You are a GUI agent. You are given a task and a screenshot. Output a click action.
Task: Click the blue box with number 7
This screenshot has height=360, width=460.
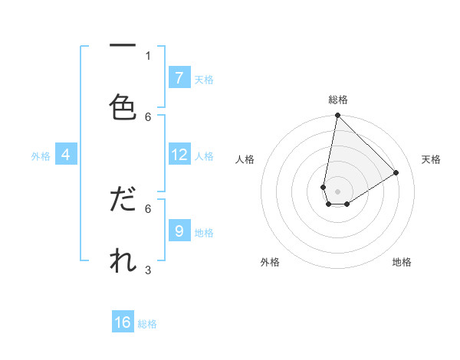[x=179, y=77]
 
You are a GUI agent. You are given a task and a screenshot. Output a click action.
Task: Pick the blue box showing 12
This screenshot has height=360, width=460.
[x=179, y=155]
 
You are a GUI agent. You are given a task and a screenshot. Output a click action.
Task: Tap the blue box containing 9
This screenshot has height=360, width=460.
[x=179, y=231]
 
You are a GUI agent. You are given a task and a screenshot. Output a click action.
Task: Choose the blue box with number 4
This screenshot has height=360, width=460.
[x=66, y=155]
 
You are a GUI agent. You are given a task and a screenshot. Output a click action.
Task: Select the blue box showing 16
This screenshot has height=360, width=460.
[x=123, y=322]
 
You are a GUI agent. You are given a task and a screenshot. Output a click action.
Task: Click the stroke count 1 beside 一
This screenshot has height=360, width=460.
[x=148, y=55]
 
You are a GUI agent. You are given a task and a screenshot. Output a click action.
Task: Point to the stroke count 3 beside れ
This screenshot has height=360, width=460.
[x=148, y=270]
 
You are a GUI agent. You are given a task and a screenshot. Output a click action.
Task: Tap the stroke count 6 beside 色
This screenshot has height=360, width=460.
[x=148, y=116]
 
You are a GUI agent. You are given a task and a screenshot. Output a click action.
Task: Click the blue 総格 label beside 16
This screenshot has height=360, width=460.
[x=147, y=324]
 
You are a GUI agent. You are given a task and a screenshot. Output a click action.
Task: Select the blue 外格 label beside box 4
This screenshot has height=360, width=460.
[x=41, y=156]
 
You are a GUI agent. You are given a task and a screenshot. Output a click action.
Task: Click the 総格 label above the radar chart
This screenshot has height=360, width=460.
[x=338, y=100]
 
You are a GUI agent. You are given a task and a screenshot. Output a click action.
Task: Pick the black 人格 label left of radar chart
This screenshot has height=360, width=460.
[x=245, y=159]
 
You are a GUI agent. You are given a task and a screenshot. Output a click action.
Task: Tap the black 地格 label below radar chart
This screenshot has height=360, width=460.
[x=402, y=262]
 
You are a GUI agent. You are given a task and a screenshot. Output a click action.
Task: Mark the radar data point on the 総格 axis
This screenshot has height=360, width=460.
[x=337, y=116]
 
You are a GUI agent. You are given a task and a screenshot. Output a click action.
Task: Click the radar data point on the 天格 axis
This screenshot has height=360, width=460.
[x=396, y=173]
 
